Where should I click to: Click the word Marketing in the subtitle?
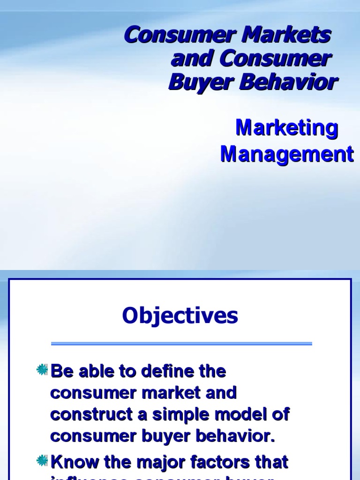(286, 128)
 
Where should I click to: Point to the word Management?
(287, 154)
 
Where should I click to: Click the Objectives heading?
(180, 316)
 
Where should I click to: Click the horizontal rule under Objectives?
(181, 344)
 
